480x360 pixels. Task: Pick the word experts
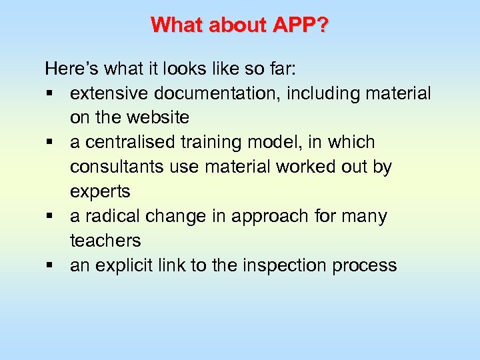(100, 192)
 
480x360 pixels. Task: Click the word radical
(111, 217)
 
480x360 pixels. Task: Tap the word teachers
(105, 241)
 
